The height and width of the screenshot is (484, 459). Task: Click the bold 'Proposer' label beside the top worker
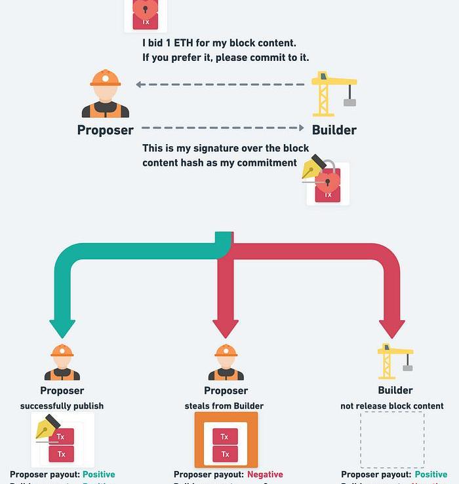point(105,130)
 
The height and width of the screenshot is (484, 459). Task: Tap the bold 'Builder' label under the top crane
point(334,130)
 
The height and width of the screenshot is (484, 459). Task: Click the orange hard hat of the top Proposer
point(106,79)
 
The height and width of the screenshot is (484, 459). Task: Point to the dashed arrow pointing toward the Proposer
point(220,84)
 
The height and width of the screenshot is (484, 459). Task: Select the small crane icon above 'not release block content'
point(395,361)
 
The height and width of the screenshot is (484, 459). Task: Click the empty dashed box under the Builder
point(392,439)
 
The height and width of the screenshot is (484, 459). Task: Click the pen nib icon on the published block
point(47,429)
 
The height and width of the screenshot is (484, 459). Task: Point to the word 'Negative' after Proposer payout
point(265,474)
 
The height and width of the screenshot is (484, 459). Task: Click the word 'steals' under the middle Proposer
point(199,406)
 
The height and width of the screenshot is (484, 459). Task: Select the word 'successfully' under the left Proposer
point(47,406)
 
